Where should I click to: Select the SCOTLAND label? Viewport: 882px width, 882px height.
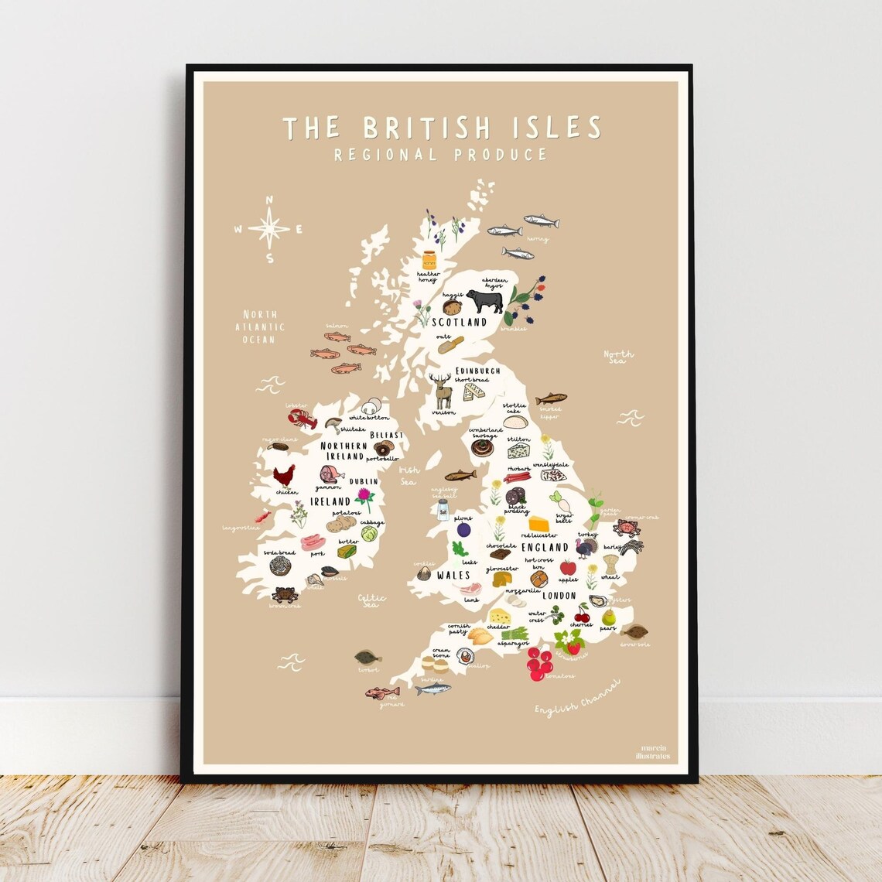coord(459,322)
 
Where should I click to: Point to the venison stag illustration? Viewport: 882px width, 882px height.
coord(443,391)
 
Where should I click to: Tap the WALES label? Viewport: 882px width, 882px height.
coord(453,576)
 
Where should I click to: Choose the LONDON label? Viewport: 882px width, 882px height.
coord(559,595)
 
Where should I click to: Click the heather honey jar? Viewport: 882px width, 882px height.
coord(429,260)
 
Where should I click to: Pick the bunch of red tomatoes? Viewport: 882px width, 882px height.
coord(539,663)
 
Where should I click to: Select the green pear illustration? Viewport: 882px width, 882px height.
coord(608,617)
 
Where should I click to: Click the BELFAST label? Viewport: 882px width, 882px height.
coord(387,436)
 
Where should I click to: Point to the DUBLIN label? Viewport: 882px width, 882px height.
coord(364,481)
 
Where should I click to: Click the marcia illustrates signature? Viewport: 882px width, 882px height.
coord(655,752)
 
